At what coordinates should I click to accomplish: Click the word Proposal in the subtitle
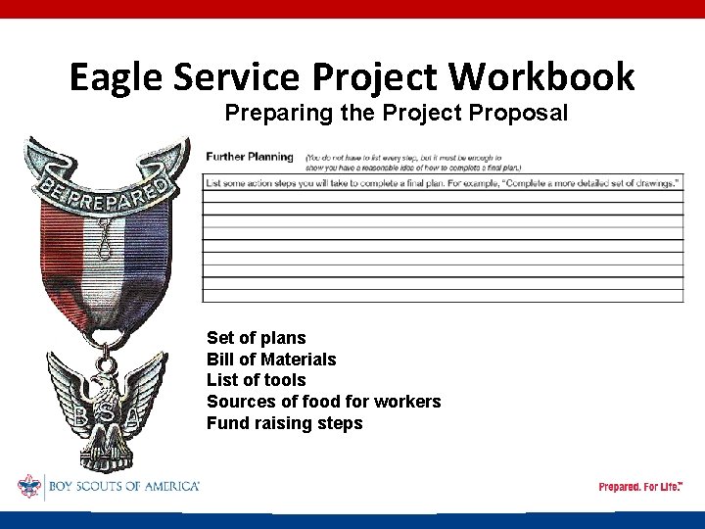coord(519,114)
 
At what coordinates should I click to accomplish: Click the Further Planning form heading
coord(249,157)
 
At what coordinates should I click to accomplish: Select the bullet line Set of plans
coord(256,339)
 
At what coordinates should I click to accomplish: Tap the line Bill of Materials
coord(270,360)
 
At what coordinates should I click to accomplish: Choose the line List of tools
coord(256,380)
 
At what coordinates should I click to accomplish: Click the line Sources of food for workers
coord(323,402)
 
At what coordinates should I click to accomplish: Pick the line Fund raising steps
coord(284,423)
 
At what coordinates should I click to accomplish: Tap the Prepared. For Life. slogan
coord(640,487)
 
